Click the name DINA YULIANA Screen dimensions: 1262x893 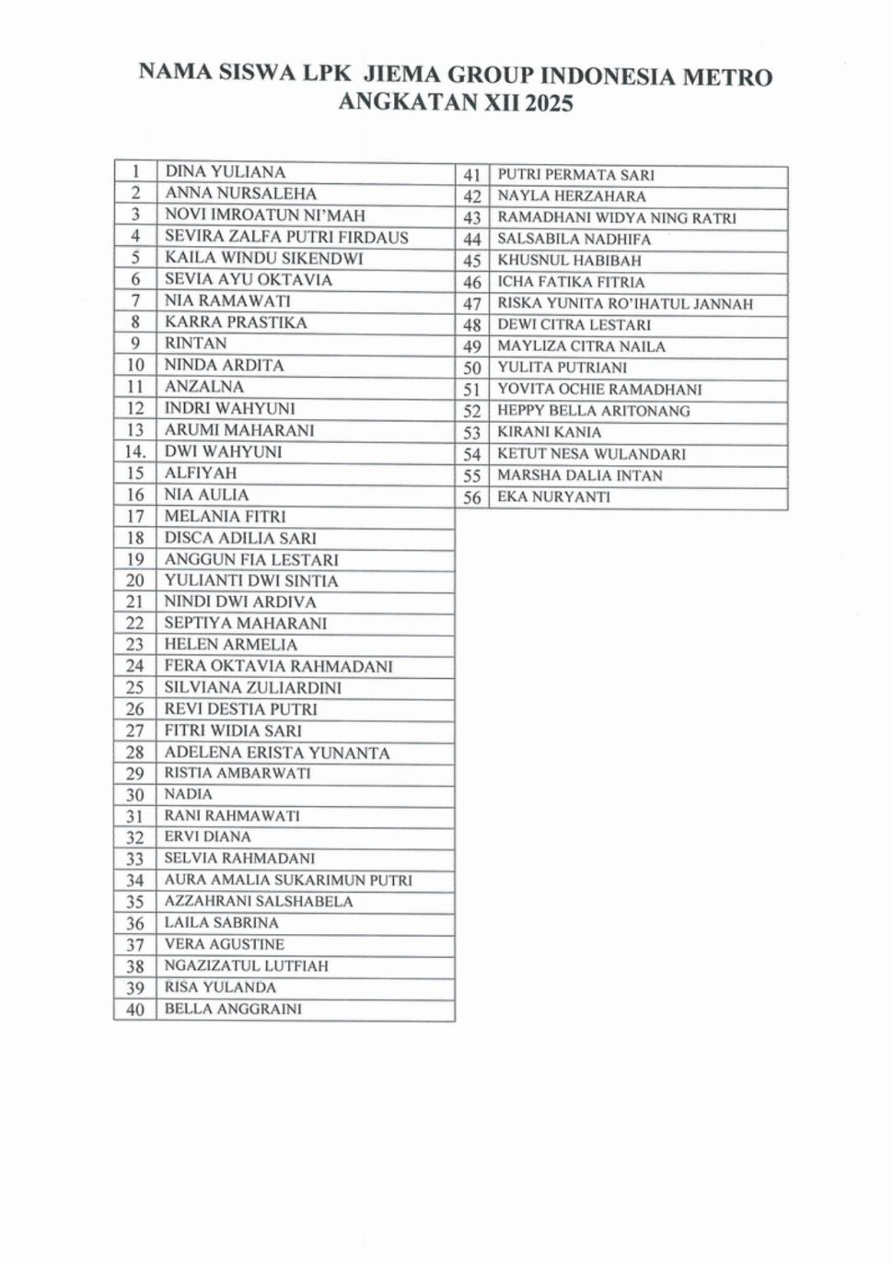tap(225, 171)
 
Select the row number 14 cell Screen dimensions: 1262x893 tap(135, 451)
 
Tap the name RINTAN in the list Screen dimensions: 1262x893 tap(195, 344)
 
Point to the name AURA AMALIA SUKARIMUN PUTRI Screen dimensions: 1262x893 tap(288, 880)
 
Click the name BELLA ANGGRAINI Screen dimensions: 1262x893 tap(233, 1009)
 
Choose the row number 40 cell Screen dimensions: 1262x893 tap(135, 1010)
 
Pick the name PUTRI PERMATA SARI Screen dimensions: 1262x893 tap(575, 175)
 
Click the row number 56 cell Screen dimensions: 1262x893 tap(472, 497)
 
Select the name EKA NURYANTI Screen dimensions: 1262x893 tap(553, 497)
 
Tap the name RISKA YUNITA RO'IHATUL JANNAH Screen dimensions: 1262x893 tap(625, 304)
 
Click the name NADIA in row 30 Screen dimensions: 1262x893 tap(188, 794)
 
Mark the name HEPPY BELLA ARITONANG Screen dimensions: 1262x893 tap(593, 411)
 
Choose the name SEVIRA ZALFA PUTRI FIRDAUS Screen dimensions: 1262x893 tap(286, 237)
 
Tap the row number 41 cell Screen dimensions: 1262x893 tap(472, 175)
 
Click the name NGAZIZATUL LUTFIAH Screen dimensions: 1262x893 tap(246, 965)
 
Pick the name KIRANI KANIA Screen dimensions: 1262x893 tap(549, 432)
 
